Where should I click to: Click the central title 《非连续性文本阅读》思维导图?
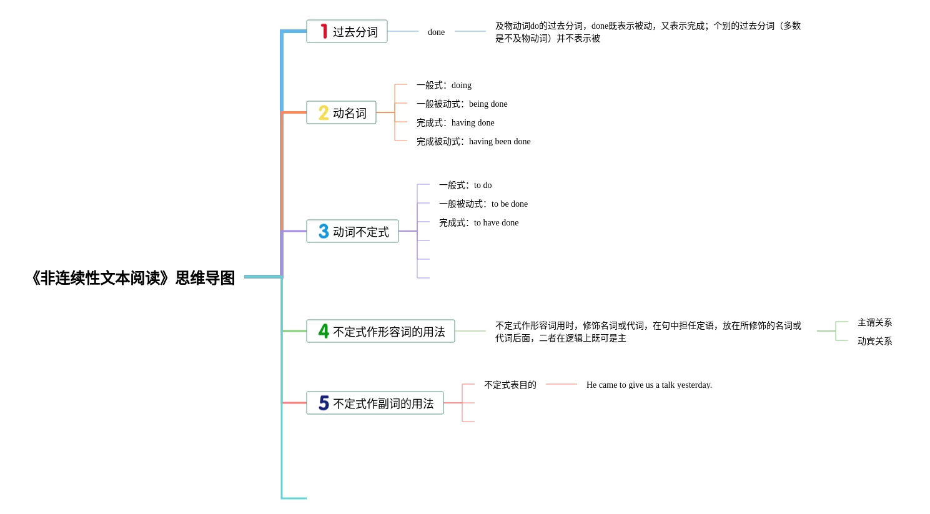[133, 278]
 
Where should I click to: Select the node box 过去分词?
[347, 31]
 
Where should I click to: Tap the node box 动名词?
[341, 112]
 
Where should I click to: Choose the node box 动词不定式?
[352, 231]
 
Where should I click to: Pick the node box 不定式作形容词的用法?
[380, 331]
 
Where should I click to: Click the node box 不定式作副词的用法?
[375, 403]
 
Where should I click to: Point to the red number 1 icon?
[324, 31]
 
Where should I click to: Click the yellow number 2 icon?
[324, 112]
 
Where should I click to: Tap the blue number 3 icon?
[324, 231]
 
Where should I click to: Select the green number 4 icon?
[324, 331]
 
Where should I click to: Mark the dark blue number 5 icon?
[324, 403]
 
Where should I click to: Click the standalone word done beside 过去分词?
[436, 32]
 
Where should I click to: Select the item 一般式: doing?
[444, 85]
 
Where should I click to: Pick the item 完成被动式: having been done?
[473, 141]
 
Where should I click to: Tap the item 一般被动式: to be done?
[483, 204]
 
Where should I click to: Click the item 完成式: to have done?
[478, 222]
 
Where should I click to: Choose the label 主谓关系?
[874, 322]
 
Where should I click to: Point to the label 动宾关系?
[874, 341]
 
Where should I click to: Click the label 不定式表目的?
[510, 385]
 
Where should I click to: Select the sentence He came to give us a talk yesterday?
[649, 385]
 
